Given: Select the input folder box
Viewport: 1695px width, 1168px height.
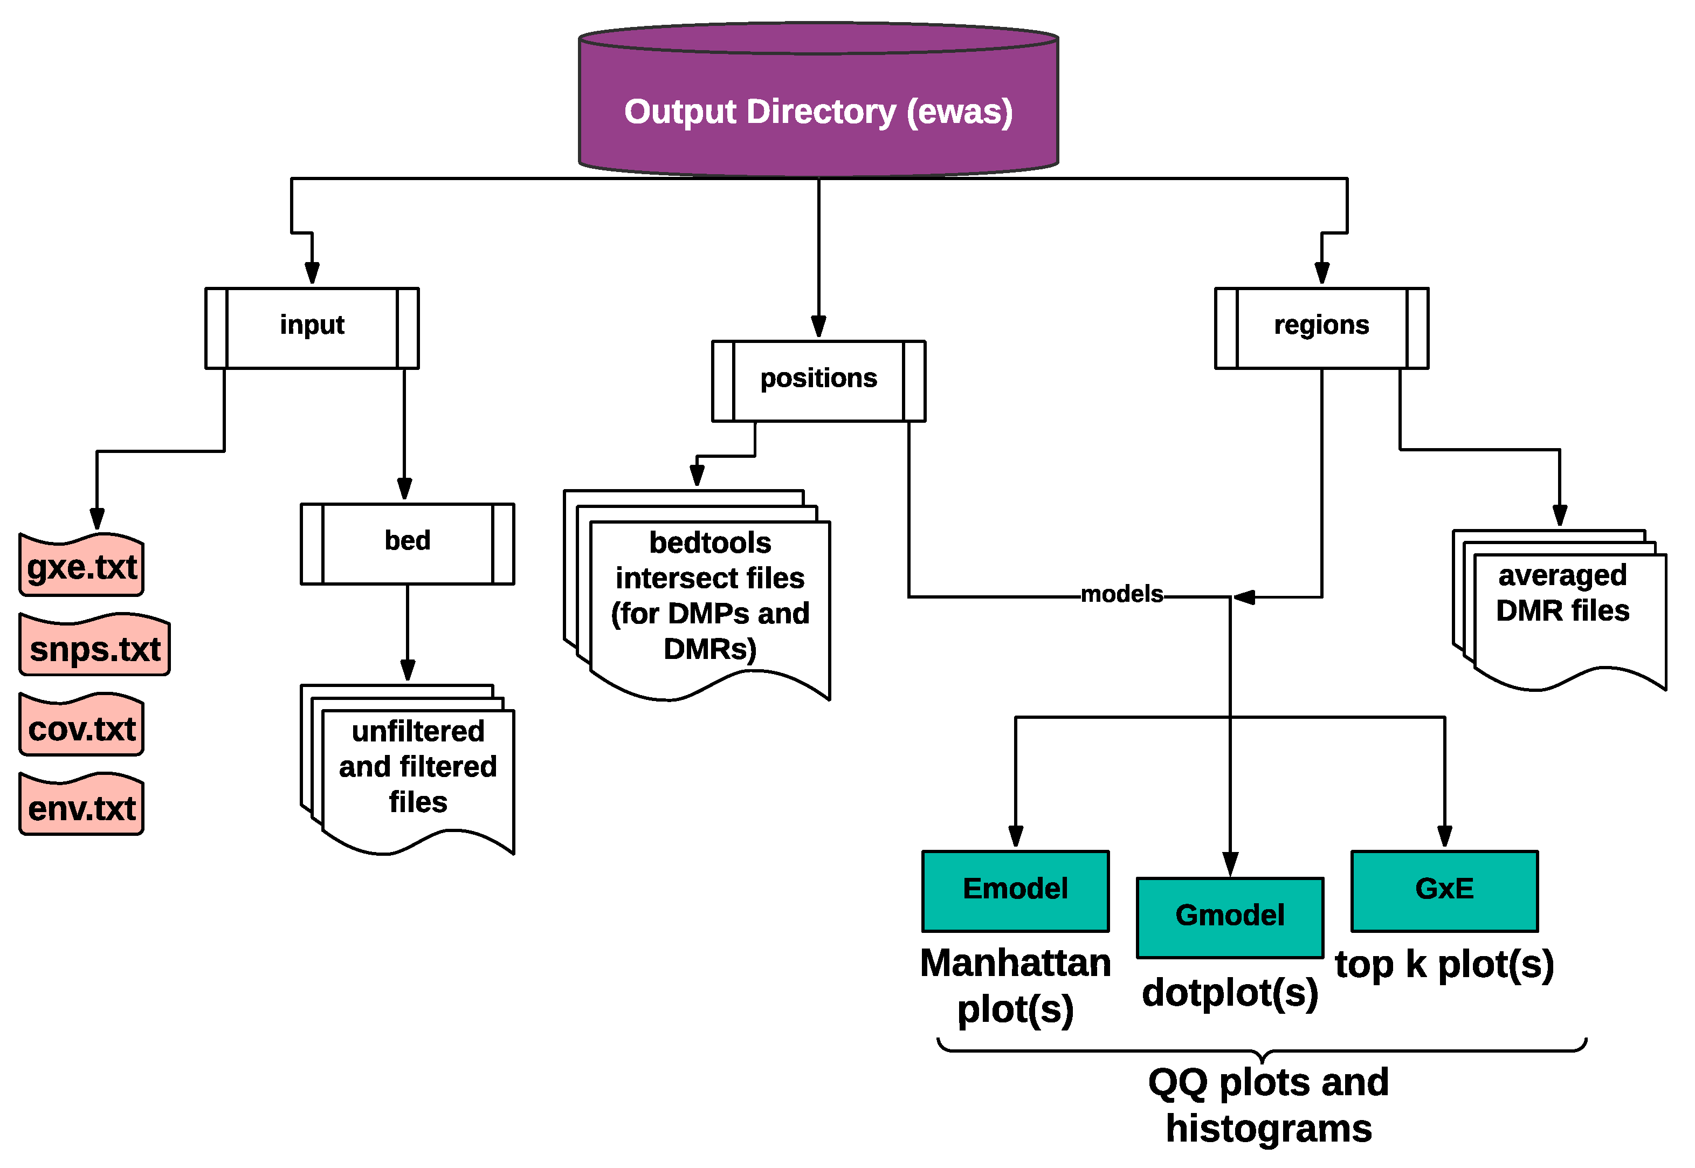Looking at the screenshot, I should click(312, 327).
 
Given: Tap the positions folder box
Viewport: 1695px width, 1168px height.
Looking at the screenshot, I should click(818, 381).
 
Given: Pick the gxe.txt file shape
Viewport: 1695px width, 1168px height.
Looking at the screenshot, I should click(81, 566).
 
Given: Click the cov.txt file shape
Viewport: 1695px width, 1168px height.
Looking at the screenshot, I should click(81, 727).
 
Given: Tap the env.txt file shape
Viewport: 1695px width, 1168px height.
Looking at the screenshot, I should click(81, 807).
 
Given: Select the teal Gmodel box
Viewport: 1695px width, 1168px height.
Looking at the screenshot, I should click(1229, 916).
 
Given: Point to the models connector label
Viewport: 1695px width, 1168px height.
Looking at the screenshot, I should click(1121, 594).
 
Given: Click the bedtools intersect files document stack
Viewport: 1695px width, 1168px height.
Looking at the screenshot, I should click(709, 596).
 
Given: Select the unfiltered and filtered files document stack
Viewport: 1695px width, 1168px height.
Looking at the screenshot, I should click(417, 768).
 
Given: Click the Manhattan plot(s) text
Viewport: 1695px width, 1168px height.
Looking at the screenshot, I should click(1015, 985).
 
